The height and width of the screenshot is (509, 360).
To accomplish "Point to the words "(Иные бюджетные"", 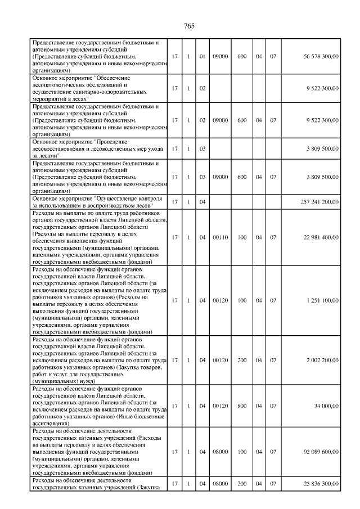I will coord(141,417).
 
